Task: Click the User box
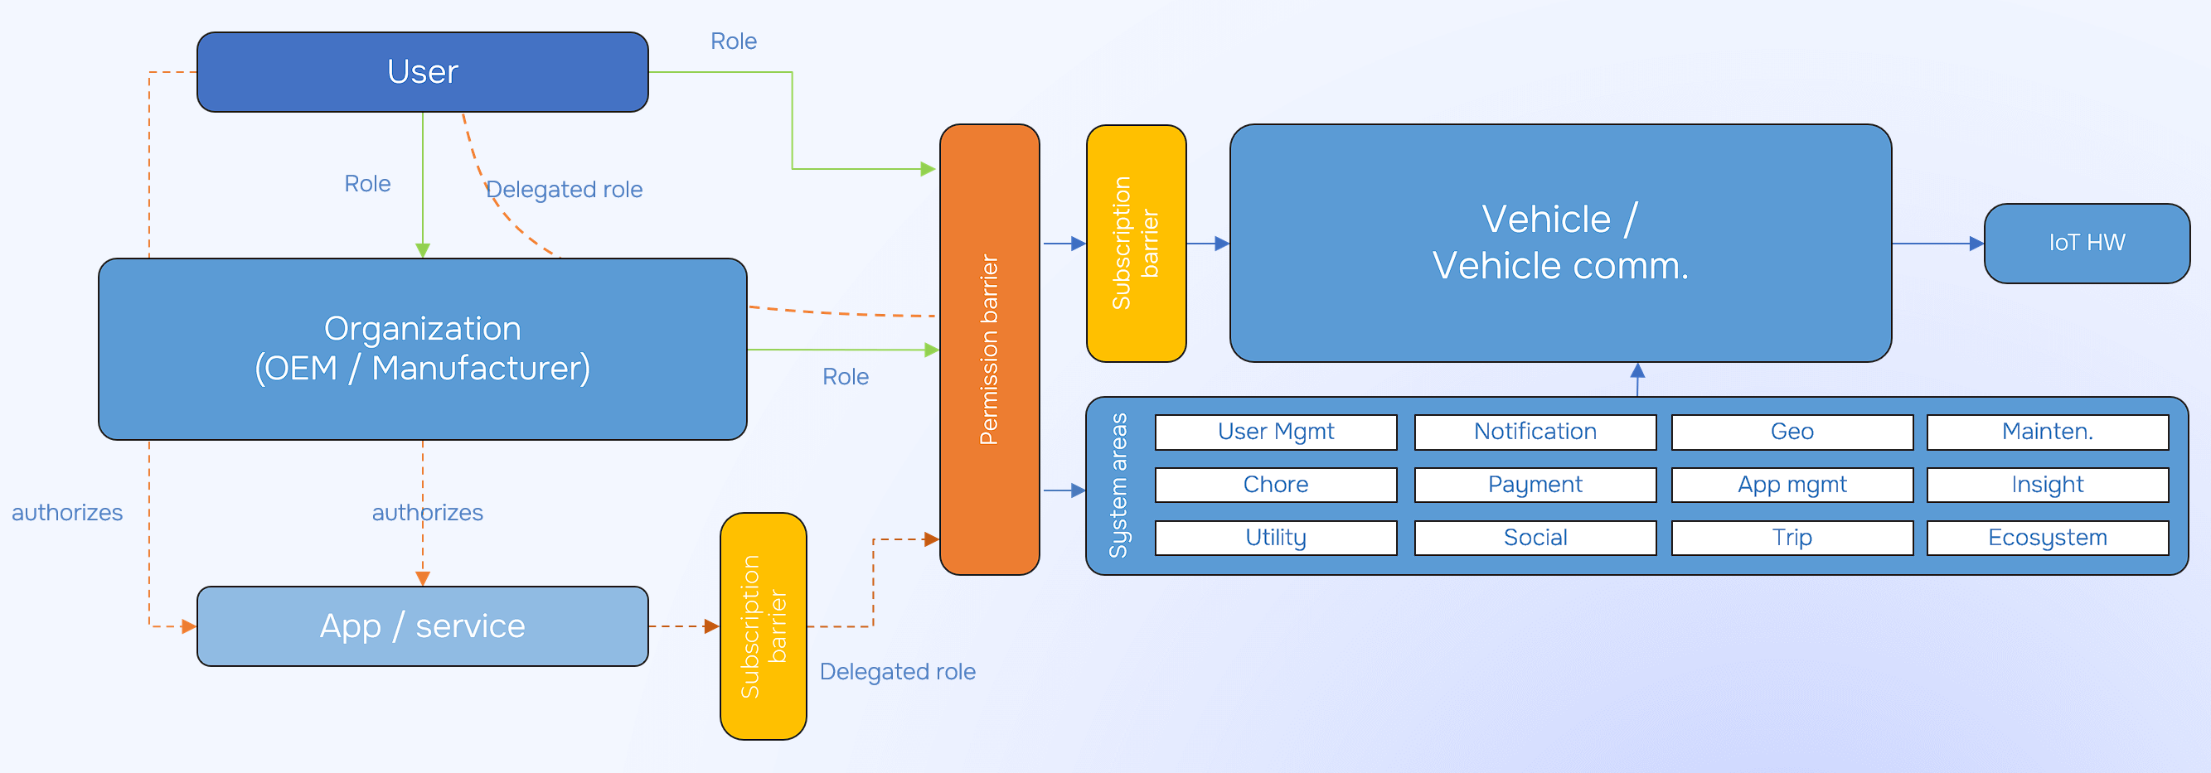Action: coord(422,72)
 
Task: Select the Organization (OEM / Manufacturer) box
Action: coord(422,349)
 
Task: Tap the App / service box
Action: coord(422,626)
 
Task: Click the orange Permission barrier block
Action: coord(990,349)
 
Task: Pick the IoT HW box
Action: coord(2087,243)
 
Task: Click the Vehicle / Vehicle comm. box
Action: coord(1559,243)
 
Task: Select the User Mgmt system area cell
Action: coord(1275,432)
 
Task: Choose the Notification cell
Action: coord(1535,432)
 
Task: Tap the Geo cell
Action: coord(1792,432)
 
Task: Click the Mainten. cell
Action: coord(2047,432)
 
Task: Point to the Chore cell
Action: coord(1275,485)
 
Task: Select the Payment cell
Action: coord(1535,485)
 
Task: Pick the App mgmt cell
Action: coord(1792,485)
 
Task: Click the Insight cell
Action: coord(2047,485)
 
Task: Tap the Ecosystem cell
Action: coord(2047,538)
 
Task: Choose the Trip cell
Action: coord(1792,538)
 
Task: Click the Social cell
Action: coord(1535,538)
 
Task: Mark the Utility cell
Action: coord(1275,538)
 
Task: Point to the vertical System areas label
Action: coord(1118,486)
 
